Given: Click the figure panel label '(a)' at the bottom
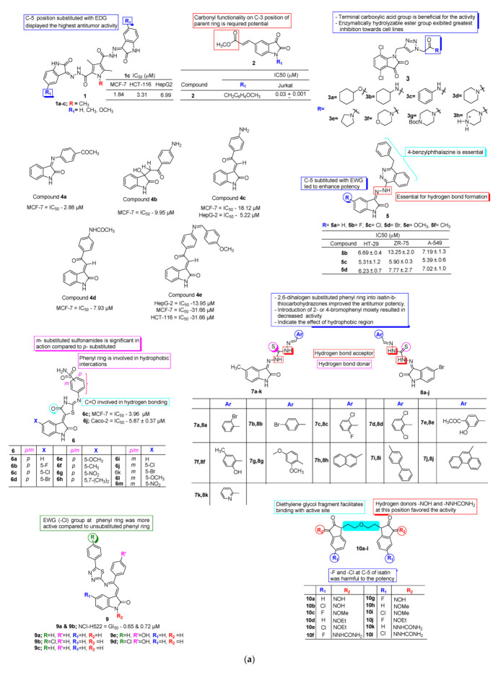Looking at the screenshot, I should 249,659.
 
